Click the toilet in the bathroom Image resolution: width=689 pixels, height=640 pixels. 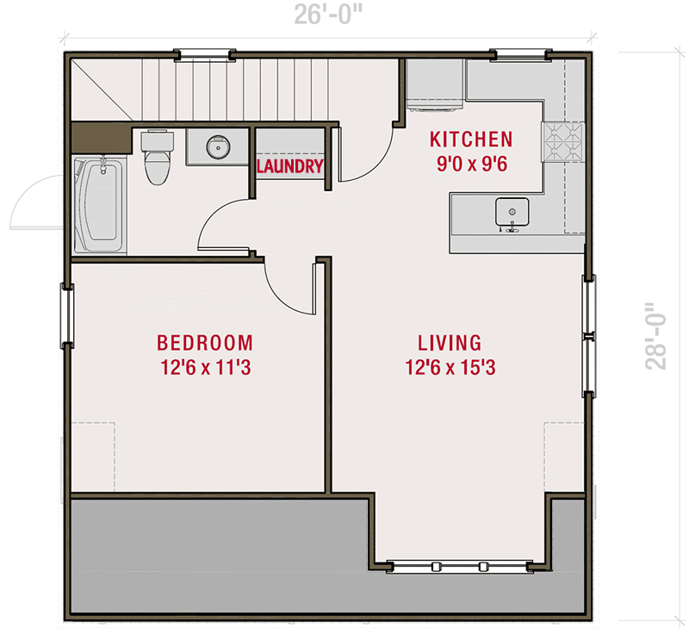tap(158, 157)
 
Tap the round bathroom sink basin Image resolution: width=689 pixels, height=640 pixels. tap(219, 146)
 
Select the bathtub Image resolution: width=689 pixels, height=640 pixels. tap(100, 205)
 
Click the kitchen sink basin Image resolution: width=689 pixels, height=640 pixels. tap(512, 212)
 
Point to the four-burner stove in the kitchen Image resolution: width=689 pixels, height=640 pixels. tap(563, 141)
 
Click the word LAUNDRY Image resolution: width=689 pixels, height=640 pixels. tap(290, 166)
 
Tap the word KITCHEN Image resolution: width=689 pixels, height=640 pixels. tap(471, 140)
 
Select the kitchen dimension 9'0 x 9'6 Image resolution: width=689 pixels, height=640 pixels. tap(472, 164)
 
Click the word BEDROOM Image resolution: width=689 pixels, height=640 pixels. tap(205, 343)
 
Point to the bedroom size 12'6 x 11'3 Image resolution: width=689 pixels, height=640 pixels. tap(206, 368)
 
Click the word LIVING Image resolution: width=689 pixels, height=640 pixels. tap(450, 343)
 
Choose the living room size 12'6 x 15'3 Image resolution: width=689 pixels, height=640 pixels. tap(450, 368)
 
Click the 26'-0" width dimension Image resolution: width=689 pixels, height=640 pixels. tap(328, 15)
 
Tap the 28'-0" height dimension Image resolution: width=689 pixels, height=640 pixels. tap(655, 336)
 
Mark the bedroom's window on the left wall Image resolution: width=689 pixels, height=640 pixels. tap(67, 315)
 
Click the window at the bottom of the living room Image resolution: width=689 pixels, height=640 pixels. tap(459, 567)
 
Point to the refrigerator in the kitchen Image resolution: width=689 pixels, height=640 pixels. tap(434, 84)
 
